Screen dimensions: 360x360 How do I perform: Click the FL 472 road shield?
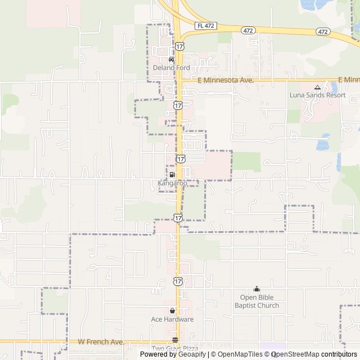coord(206,26)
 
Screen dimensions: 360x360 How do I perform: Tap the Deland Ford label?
coord(172,68)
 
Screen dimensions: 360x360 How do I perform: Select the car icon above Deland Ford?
coord(172,60)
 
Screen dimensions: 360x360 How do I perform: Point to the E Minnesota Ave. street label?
coord(226,81)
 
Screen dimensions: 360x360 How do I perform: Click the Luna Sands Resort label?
coord(317,95)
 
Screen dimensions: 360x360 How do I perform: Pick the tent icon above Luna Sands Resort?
coord(317,87)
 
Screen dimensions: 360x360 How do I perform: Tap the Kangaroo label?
coord(172,183)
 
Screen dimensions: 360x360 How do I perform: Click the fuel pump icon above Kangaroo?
coord(172,175)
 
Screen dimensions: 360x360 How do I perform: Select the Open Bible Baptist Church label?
coord(256,301)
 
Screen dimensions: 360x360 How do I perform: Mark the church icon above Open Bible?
coord(256,289)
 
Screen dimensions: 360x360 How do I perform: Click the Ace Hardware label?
coord(172,319)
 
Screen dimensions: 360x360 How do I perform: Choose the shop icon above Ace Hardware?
coord(172,310)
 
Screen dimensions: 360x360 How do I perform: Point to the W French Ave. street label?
coord(101,341)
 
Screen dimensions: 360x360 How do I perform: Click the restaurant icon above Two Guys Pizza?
coord(175,340)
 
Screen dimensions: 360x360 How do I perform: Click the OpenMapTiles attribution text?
coord(240,354)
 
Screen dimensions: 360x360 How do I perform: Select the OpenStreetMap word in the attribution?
coord(299,354)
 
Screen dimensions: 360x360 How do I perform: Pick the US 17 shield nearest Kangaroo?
coord(181,159)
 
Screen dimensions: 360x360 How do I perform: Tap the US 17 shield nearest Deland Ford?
coord(178,45)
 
